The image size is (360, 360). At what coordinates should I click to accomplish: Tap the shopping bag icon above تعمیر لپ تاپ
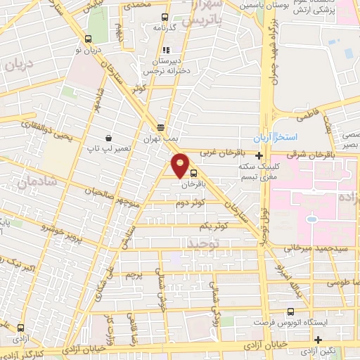108,138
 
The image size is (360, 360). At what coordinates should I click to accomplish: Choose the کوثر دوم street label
191,202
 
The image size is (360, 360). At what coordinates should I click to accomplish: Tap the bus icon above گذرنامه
165,18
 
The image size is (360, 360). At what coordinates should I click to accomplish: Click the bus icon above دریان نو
88,40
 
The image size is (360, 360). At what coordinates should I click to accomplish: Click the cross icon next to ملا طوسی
319,281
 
